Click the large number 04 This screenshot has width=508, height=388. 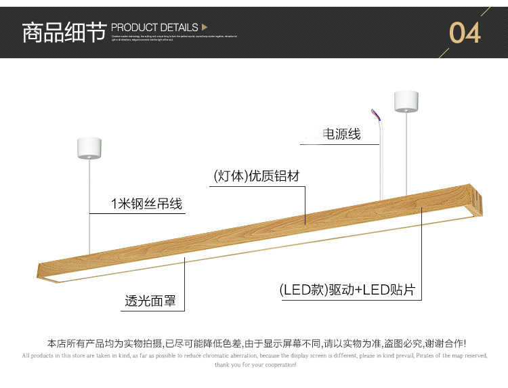(465, 33)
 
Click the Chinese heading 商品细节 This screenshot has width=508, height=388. (64, 32)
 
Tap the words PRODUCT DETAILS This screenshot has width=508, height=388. (154, 27)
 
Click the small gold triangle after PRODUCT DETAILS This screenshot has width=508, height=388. (205, 27)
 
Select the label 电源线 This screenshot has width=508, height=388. (341, 134)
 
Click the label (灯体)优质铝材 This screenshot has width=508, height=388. (256, 176)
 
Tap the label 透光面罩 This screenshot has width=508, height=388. (150, 301)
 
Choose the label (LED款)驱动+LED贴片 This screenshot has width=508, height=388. (347, 291)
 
